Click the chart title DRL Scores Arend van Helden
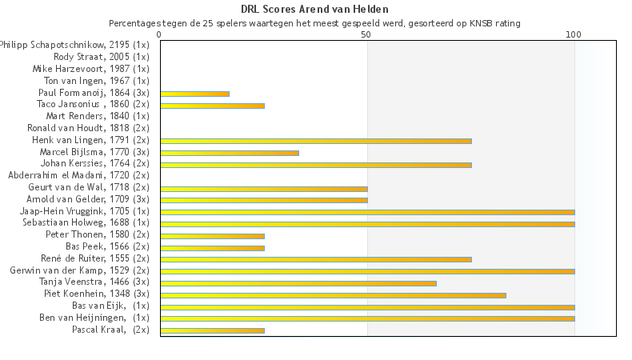[x=315, y=10]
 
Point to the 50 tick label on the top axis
[x=366, y=35]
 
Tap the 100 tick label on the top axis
[x=574, y=35]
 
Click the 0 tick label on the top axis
[x=160, y=35]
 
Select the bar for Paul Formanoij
[x=194, y=94]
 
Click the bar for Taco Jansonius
[x=212, y=106]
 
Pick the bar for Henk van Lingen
[x=315, y=141]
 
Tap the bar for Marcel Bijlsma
[x=230, y=153]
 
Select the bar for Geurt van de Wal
[x=263, y=188]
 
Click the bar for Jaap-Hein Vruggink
[x=367, y=212]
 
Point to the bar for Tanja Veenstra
[x=298, y=282]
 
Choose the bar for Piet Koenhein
[x=333, y=294]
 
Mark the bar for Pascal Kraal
[x=212, y=330]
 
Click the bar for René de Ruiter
[x=315, y=259]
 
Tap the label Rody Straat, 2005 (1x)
[x=102, y=57]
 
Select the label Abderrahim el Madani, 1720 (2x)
[x=78, y=175]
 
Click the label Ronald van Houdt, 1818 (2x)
[x=88, y=128]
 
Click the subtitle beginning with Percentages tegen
[x=315, y=23]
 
